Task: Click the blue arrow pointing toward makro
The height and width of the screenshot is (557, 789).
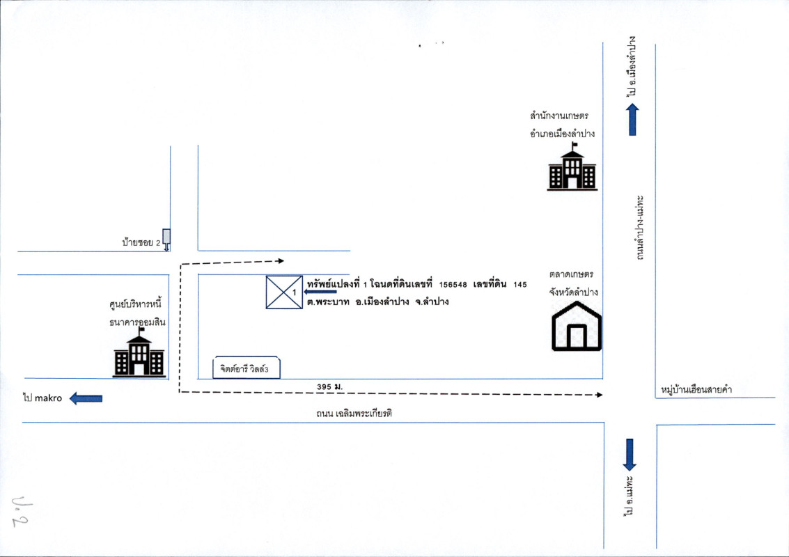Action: pyautogui.click(x=86, y=398)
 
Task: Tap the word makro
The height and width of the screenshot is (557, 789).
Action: pyautogui.click(x=48, y=398)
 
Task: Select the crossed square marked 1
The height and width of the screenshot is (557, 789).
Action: pyautogui.click(x=284, y=292)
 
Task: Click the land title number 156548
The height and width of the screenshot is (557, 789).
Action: pyautogui.click(x=453, y=285)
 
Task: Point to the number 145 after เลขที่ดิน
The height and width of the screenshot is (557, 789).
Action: pyautogui.click(x=520, y=285)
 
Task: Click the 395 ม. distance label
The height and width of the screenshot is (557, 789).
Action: pyautogui.click(x=329, y=387)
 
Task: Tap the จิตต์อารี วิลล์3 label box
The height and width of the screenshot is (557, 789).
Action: pyautogui.click(x=247, y=368)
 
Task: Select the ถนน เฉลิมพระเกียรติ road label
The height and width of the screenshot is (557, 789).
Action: pyautogui.click(x=354, y=414)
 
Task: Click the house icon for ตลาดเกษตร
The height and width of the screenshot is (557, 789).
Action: pyautogui.click(x=577, y=326)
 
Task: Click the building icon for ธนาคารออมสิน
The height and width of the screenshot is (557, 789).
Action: pyautogui.click(x=139, y=352)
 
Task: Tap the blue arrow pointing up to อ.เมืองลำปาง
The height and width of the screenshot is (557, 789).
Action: pyautogui.click(x=632, y=120)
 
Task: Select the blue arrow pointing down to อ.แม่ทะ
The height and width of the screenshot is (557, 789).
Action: pyautogui.click(x=630, y=455)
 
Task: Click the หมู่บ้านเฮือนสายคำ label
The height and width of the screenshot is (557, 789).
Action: pyautogui.click(x=696, y=389)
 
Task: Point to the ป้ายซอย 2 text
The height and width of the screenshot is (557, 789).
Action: pyautogui.click(x=141, y=242)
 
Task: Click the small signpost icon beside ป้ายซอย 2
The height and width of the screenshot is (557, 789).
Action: pyautogui.click(x=166, y=240)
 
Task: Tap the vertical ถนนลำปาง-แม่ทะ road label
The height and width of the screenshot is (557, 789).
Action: pyautogui.click(x=639, y=228)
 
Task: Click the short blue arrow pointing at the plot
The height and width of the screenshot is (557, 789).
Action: pyautogui.click(x=320, y=291)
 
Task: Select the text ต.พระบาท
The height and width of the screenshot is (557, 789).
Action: pyautogui.click(x=328, y=302)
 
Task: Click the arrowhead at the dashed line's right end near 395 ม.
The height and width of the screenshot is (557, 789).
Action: pyautogui.click(x=600, y=395)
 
